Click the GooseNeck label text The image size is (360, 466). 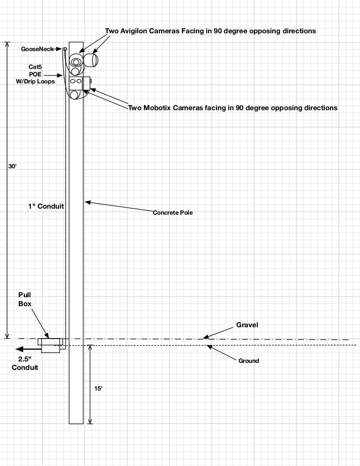pos(37,49)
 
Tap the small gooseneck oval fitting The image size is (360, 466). pos(65,49)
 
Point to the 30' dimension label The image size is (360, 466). pos(12,166)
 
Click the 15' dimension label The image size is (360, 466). pos(98,389)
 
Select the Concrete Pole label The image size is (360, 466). pos(172,213)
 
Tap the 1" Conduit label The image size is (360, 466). pos(45,206)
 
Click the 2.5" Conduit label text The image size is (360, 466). pos(25,363)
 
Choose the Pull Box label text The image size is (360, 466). pos(25,299)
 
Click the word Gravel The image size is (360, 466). pos(247,324)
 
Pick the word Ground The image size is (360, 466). pos(248,361)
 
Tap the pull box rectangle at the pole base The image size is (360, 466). pos(50,346)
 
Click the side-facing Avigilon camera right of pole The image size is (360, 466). pos(91,60)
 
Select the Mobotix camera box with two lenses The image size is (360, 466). pos(75,83)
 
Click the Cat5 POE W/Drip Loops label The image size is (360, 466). pos(36,74)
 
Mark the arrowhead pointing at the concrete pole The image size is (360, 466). pos(87,203)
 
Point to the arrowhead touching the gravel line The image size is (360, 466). pos(205,337)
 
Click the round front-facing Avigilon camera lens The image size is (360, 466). pos(75,61)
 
